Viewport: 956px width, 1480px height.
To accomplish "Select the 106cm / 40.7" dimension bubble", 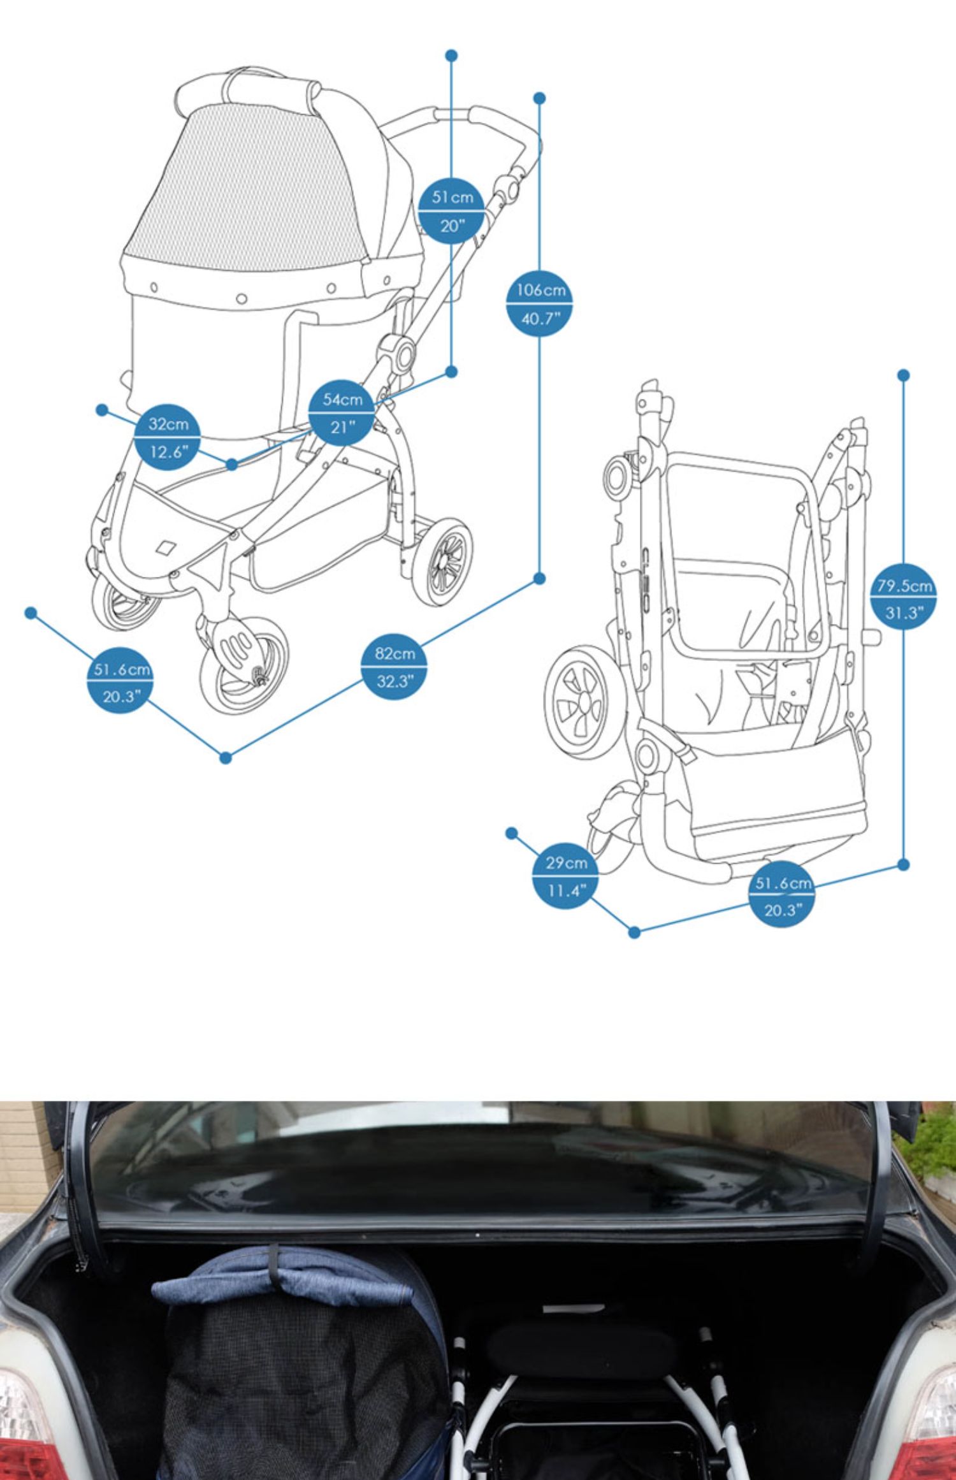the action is (540, 304).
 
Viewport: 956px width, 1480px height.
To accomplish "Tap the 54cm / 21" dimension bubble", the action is (341, 413).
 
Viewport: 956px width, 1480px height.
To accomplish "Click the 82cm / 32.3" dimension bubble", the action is (394, 666).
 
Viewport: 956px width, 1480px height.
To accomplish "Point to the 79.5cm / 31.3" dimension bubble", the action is (904, 599).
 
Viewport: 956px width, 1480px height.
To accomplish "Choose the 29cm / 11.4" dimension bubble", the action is (565, 876).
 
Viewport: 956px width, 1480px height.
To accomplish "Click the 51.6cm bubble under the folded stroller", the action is (782, 896).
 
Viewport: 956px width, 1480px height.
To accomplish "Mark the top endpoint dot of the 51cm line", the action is (452, 55).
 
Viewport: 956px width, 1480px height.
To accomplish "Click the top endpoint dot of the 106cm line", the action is (539, 98).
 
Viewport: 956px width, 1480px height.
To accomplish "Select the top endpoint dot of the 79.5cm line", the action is (903, 375).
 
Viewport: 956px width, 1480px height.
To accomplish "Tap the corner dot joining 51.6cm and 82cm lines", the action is (225, 757).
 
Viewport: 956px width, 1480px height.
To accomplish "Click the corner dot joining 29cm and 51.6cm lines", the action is (634, 932).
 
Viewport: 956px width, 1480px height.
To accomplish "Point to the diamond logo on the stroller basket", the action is (167, 548).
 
